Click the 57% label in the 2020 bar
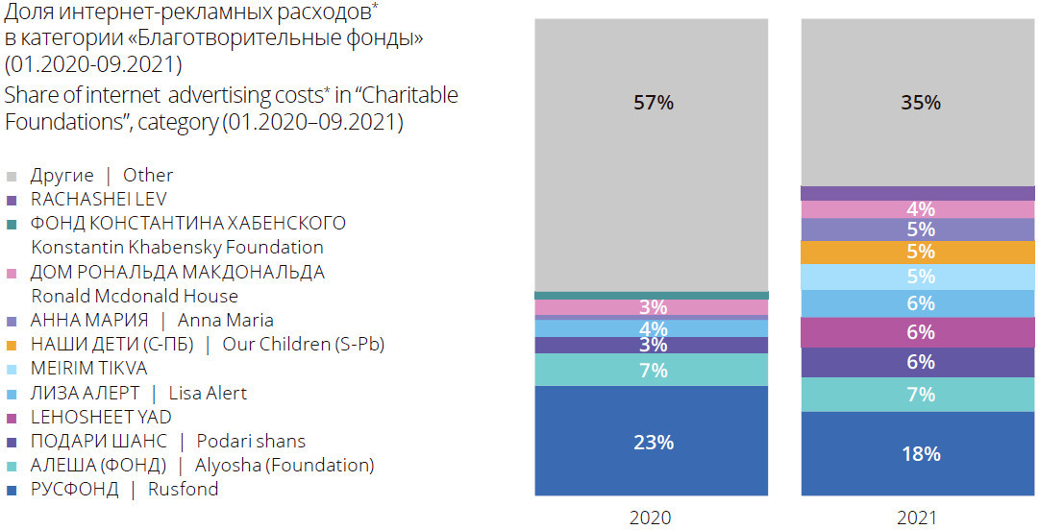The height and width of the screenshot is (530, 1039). point(653,103)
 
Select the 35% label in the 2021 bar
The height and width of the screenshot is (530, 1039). point(920,103)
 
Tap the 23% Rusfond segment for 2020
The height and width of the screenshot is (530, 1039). point(653,442)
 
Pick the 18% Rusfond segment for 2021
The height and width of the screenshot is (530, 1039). point(920,453)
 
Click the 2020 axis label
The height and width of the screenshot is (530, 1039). point(651,518)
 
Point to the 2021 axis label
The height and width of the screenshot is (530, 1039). point(917,518)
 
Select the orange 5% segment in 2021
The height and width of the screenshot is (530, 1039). point(920,252)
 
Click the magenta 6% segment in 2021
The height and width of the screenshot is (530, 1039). point(920,332)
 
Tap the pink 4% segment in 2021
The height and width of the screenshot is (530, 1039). point(920,209)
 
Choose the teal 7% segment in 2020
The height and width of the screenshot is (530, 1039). point(653,370)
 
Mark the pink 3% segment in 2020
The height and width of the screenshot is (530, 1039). point(653,307)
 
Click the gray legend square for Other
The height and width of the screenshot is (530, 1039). point(12,177)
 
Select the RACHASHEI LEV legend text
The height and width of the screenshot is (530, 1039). point(99,200)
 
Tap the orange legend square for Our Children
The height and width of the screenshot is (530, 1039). point(12,345)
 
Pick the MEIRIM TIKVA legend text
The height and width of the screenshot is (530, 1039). point(89,369)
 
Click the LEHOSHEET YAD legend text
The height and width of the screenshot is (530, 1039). point(102,417)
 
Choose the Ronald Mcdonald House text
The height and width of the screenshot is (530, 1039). point(135,296)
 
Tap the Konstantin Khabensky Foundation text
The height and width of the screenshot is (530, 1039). point(177,248)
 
